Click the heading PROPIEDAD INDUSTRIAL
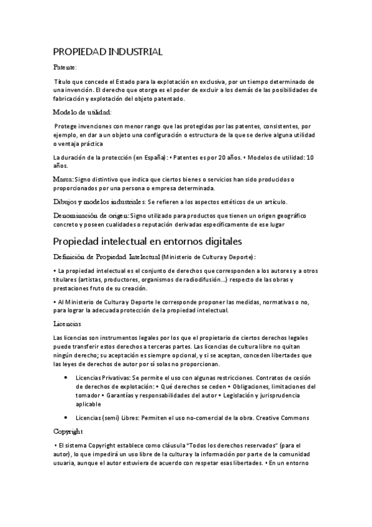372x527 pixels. click(x=108, y=52)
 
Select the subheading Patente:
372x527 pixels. click(x=65, y=66)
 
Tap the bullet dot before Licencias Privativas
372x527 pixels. click(x=66, y=378)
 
